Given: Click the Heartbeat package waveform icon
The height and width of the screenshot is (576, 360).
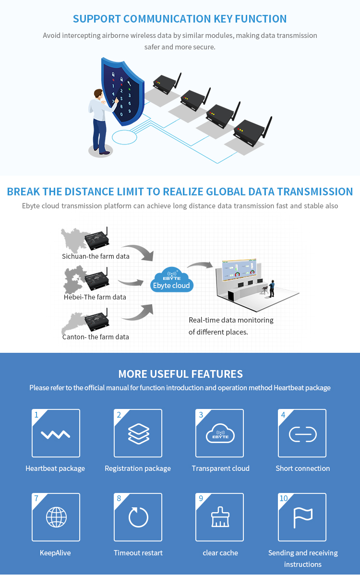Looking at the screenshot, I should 56,434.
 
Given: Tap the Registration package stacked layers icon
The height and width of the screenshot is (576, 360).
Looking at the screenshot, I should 138,433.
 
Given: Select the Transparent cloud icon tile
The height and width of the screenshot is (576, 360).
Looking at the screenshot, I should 220,433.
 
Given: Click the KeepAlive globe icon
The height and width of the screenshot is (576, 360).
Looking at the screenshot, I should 56,517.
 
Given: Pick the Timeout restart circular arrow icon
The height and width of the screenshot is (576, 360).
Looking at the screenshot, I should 138,517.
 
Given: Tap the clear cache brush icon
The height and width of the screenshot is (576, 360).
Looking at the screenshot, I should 220,517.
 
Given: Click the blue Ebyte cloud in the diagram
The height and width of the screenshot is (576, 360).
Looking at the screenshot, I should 171,281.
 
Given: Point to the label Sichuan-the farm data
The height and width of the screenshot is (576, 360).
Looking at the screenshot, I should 96,256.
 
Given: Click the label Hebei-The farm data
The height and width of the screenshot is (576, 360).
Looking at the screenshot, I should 95,297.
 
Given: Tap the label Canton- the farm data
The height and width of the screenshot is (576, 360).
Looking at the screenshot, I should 96,337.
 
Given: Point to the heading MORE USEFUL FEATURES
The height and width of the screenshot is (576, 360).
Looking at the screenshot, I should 180,374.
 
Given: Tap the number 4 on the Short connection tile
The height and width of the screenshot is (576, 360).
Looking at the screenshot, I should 283,415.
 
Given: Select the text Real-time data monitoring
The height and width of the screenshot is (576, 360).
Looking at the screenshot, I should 231,320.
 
